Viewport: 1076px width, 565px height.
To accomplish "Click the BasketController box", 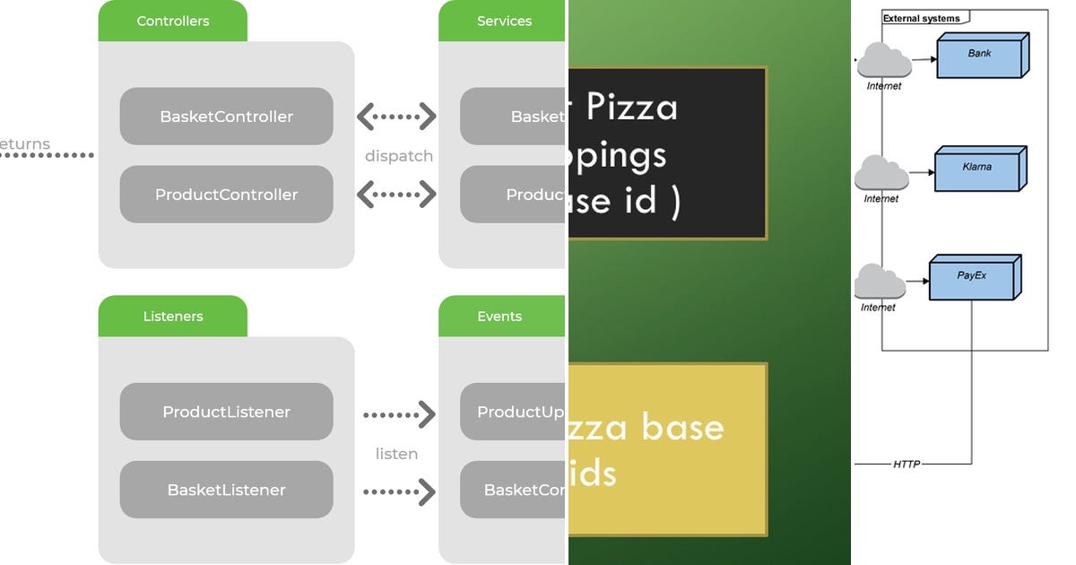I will pyautogui.click(x=226, y=117).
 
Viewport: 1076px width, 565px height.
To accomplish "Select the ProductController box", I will pyautogui.click(x=226, y=195).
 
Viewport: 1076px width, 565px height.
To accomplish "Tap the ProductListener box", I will pyautogui.click(x=226, y=413).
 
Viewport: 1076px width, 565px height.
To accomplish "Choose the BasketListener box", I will pyautogui.click(x=226, y=491).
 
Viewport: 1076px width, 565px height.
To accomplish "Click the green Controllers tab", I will pyautogui.click(x=172, y=21).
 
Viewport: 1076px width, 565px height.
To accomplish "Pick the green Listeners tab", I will pyautogui.click(x=172, y=316).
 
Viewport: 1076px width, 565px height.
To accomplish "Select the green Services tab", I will pyautogui.click(x=503, y=21).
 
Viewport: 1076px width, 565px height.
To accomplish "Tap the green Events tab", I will pyautogui.click(x=499, y=316).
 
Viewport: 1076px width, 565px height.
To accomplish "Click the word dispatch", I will pyautogui.click(x=399, y=156).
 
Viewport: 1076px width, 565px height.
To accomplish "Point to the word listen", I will pyautogui.click(x=396, y=454).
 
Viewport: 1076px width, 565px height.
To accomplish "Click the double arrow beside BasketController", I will pyautogui.click(x=396, y=117).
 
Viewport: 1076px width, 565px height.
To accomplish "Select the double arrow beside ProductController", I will pyautogui.click(x=396, y=194).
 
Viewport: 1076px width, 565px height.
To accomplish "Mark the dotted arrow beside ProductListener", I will pyautogui.click(x=399, y=414).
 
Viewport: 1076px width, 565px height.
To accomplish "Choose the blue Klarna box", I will pyautogui.click(x=978, y=169).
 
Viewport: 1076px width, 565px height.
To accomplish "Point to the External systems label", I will pyautogui.click(x=921, y=18).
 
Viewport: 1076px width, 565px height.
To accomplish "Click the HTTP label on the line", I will pyautogui.click(x=906, y=464).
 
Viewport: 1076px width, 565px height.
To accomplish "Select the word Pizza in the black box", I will pyautogui.click(x=632, y=108).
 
